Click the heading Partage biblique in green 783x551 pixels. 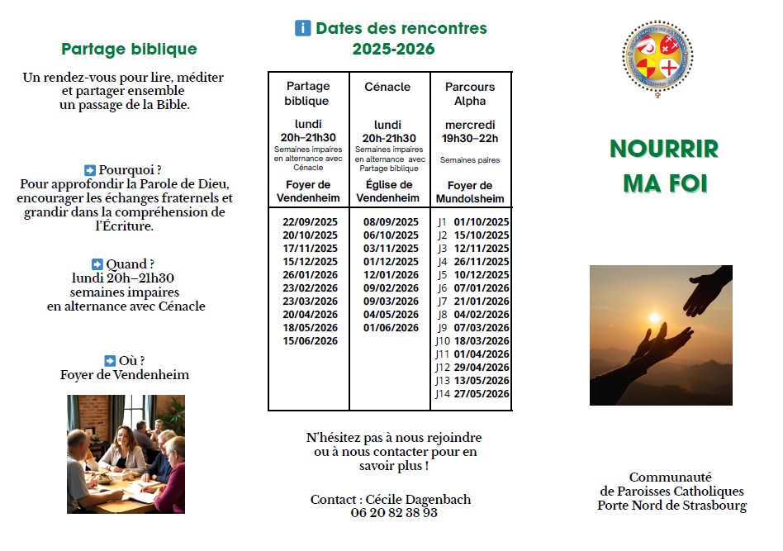129,49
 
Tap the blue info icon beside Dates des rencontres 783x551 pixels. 303,28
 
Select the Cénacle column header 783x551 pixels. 387,87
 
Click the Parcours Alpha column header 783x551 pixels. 470,93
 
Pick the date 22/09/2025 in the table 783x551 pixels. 310,222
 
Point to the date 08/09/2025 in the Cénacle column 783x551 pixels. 391,222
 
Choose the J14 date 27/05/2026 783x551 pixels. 482,394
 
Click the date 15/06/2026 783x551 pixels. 310,341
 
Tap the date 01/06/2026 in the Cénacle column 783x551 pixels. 391,328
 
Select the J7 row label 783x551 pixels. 442,302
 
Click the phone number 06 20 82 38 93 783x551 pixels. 393,513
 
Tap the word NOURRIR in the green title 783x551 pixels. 664,149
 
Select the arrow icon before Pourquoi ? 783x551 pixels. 90,169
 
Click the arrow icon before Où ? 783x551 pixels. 110,360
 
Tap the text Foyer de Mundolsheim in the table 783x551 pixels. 470,192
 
